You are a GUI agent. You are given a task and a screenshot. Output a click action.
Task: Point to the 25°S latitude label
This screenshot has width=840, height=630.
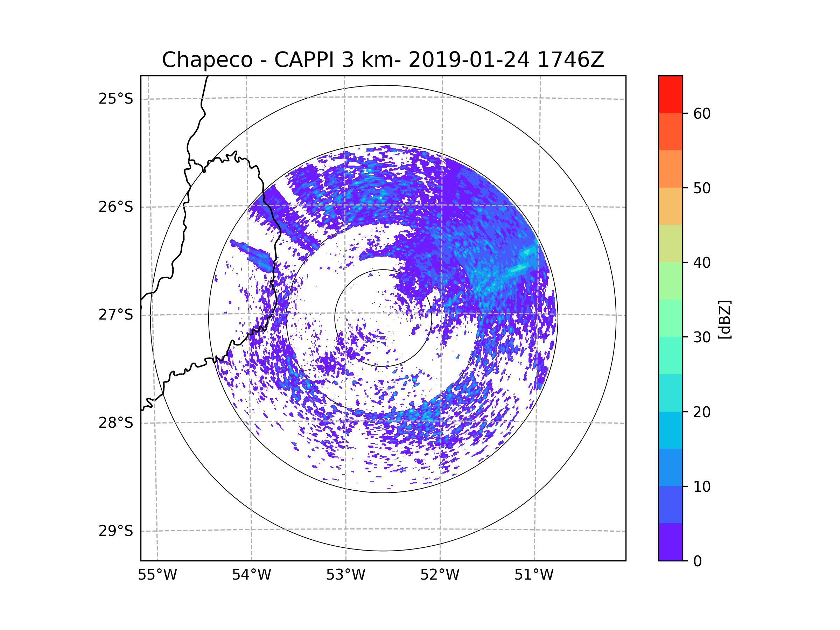(x=116, y=99)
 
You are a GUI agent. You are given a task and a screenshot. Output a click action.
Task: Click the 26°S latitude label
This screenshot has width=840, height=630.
(x=116, y=207)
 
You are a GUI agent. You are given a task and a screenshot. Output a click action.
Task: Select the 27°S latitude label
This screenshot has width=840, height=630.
(x=116, y=315)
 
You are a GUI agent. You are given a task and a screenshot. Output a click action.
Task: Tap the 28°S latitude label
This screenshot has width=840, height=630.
(x=116, y=423)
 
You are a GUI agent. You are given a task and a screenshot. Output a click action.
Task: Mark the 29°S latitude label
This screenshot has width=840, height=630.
(x=116, y=531)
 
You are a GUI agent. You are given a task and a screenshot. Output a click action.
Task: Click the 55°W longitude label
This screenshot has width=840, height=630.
(x=157, y=575)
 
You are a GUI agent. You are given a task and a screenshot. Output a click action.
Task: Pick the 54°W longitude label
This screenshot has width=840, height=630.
(x=251, y=575)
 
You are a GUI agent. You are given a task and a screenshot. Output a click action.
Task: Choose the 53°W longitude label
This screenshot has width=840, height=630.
(x=345, y=575)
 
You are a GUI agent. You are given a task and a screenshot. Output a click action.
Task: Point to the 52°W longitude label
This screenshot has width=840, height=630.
(x=440, y=575)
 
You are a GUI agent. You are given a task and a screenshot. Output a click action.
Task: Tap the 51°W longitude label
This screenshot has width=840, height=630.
(x=534, y=575)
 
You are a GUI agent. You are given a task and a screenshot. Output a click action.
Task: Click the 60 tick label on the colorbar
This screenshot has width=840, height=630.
(x=702, y=113)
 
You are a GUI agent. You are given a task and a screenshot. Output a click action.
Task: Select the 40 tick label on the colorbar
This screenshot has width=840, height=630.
(x=702, y=263)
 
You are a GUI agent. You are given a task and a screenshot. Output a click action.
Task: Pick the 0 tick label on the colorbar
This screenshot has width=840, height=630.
(x=698, y=561)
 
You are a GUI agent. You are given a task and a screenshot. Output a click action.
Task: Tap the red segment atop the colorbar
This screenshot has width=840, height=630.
(x=670, y=94)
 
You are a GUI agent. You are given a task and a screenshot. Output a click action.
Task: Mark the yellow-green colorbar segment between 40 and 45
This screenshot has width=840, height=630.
(x=670, y=243)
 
